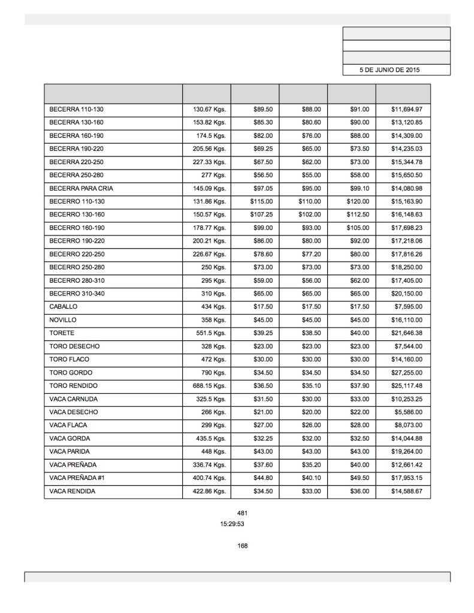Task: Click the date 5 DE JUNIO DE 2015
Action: coord(390,70)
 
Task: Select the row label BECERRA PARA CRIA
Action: coord(81,188)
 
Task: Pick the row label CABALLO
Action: coord(63,307)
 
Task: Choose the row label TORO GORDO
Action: coord(70,373)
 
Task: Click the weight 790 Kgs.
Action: coord(213,373)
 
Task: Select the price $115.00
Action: coord(261,201)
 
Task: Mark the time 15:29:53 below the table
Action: coord(232,524)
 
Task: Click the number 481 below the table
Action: coord(242,513)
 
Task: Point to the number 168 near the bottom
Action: coord(242,546)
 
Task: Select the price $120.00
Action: coord(358,201)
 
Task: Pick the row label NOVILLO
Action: coord(63,320)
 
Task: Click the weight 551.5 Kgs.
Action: coord(209,333)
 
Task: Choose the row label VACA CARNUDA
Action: coord(73,399)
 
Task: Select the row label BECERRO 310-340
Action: coord(77,294)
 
